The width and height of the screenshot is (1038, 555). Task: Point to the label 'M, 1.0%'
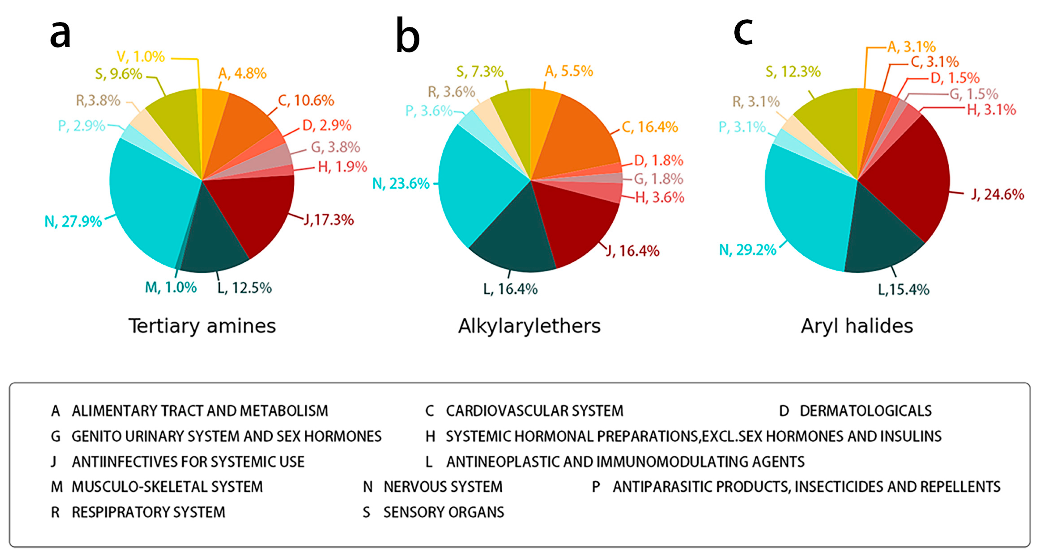tap(171, 288)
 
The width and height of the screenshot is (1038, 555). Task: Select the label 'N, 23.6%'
tap(401, 184)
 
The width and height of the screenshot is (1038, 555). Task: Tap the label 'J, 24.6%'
tap(997, 195)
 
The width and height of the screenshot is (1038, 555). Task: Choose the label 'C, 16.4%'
tap(650, 127)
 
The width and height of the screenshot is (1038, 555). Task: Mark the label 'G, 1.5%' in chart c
tap(974, 94)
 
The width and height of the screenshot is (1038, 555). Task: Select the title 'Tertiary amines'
tap(202, 326)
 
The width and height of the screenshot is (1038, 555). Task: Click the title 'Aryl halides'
tap(857, 326)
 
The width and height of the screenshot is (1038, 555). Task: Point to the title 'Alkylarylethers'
tap(529, 326)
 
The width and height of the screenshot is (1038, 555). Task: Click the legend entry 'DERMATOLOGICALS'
tap(865, 411)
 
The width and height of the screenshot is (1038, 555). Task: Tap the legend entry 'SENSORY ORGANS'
tap(443, 512)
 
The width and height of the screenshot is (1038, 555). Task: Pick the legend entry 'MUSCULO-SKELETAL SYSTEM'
tap(167, 487)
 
